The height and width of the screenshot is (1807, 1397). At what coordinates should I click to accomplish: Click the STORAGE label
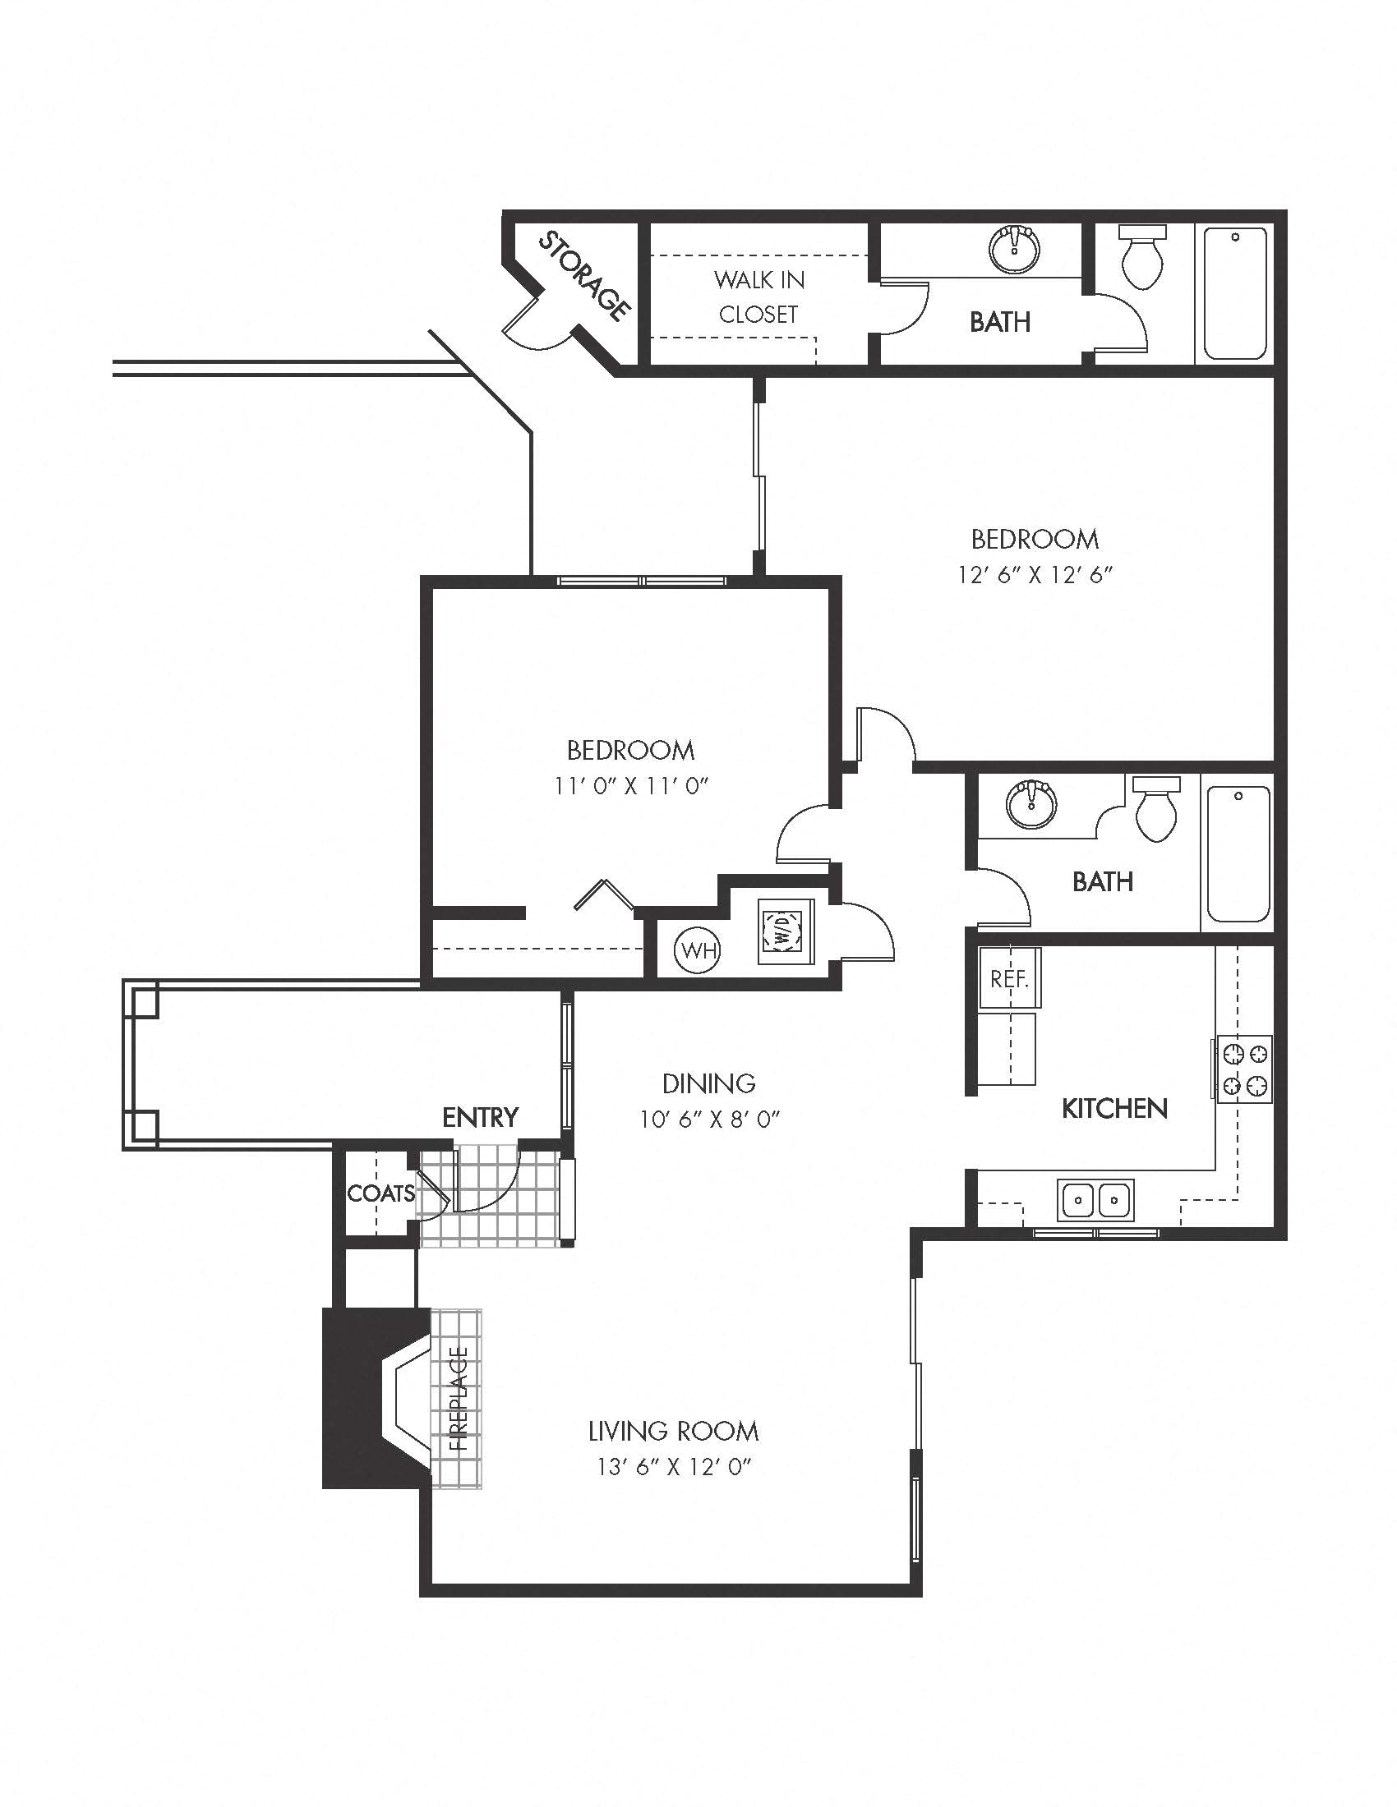coord(585,276)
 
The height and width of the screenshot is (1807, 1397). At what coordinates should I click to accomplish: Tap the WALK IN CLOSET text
coord(759,297)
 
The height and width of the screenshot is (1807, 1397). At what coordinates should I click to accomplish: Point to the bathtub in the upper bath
coord(1235,293)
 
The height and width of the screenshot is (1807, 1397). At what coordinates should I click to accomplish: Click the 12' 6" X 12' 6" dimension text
coord(1035,575)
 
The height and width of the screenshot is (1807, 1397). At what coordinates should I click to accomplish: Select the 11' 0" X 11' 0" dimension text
coord(631,785)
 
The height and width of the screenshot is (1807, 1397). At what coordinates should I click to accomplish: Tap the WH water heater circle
coord(698,950)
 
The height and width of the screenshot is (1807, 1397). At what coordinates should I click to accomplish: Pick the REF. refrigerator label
coord(1009,980)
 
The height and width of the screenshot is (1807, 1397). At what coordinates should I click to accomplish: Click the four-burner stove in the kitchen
coord(1245,1068)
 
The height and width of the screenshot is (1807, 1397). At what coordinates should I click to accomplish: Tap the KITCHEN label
coord(1114,1109)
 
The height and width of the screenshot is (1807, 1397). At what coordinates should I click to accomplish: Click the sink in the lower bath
coord(1031,802)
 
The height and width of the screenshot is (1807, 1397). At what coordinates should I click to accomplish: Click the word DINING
coord(708,1083)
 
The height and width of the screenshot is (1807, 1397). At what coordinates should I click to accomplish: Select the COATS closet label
coord(380,1193)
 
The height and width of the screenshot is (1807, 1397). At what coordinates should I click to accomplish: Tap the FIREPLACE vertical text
coord(459,1399)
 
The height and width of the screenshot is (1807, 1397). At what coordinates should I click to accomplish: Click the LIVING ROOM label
coord(673,1431)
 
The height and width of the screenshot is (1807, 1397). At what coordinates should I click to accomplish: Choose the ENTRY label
coord(480,1117)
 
